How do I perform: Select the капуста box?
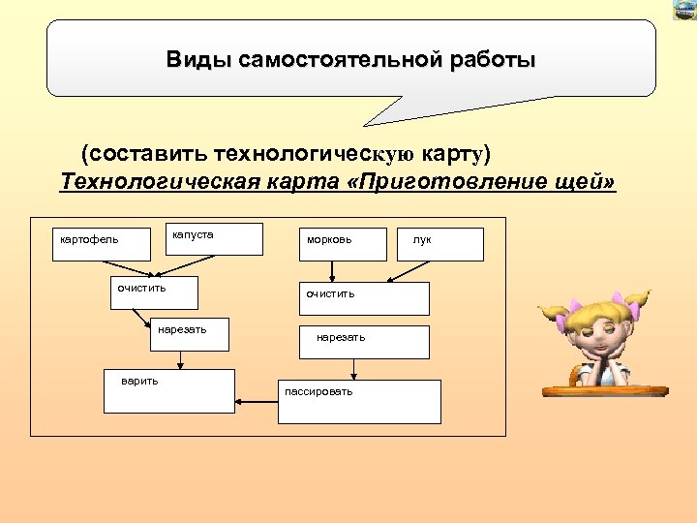pos(217,238)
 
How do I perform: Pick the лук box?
pos(440,244)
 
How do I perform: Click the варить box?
pos(170,390)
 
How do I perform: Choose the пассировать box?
pos(358,401)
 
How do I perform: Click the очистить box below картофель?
pos(154,292)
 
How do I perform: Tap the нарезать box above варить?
pos(191,334)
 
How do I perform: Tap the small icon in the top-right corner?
pos(683,9)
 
